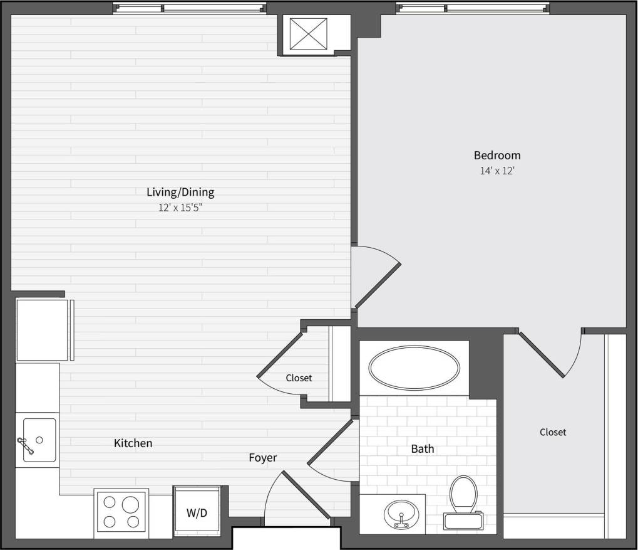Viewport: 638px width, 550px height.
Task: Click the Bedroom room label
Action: tap(497, 155)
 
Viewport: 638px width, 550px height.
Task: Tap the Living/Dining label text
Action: tap(180, 192)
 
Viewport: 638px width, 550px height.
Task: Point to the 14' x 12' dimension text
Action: tap(497, 171)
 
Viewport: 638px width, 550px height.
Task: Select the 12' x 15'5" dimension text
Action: tap(180, 208)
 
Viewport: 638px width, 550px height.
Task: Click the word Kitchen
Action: tap(133, 443)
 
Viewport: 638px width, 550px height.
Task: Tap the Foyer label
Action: tap(263, 458)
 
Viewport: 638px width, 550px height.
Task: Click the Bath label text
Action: tap(423, 449)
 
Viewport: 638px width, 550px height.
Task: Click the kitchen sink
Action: tap(39, 440)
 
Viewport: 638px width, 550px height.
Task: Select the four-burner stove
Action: tap(121, 512)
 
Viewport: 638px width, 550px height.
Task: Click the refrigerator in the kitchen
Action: tap(42, 330)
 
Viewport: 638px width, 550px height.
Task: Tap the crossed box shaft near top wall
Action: tap(309, 34)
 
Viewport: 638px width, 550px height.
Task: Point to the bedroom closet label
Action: tap(553, 432)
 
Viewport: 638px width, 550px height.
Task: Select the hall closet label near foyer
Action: tap(299, 378)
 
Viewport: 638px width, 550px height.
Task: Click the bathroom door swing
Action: tap(332, 452)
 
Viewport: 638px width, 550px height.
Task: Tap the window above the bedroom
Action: tap(473, 8)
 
